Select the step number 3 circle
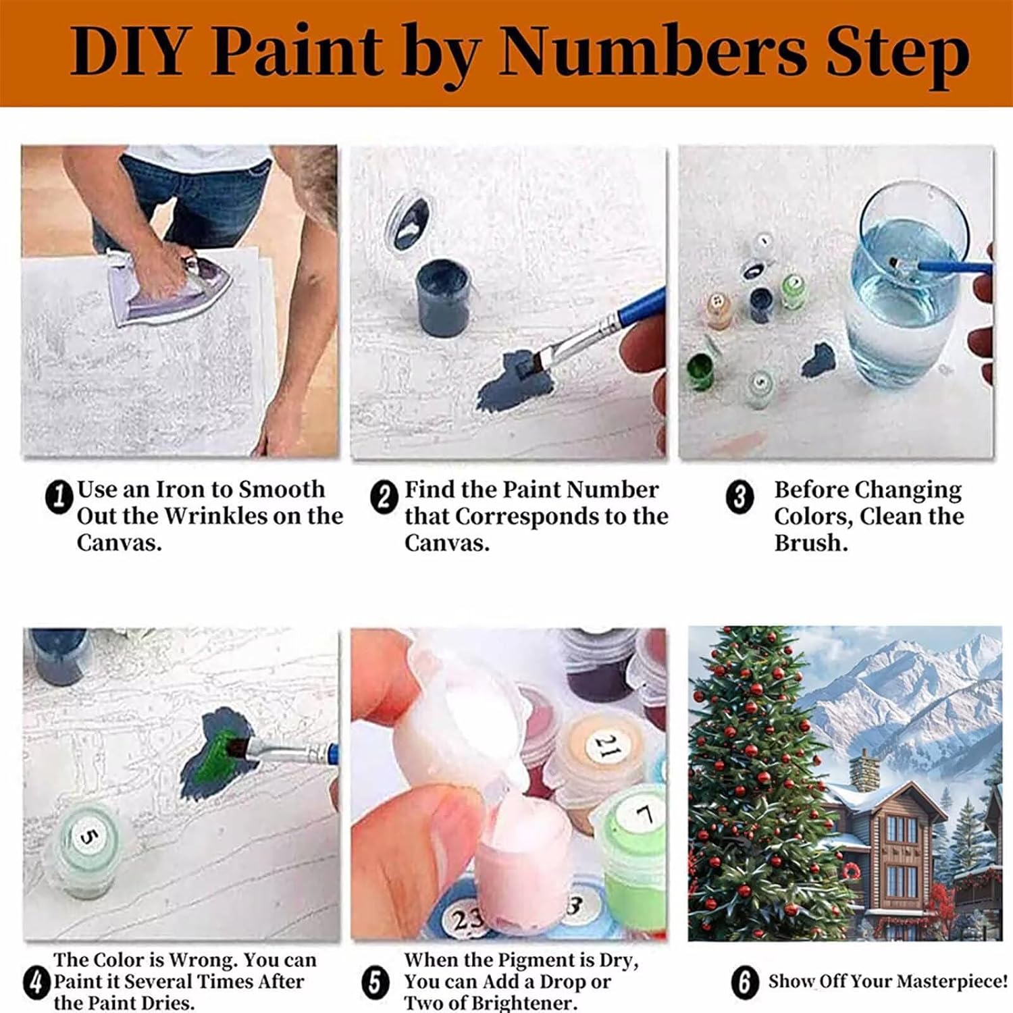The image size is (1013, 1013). click(x=739, y=498)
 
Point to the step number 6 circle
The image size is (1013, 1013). click(x=744, y=981)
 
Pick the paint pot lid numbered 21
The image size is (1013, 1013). click(x=604, y=747)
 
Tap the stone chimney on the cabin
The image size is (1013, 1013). click(x=862, y=771)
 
